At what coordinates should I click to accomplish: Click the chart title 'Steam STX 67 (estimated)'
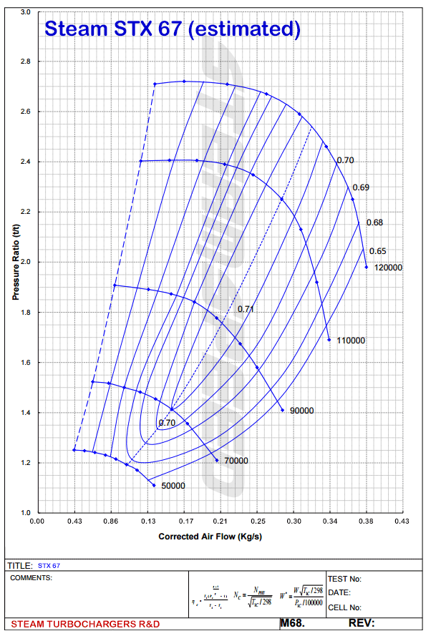point(172,29)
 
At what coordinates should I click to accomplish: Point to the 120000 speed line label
point(389,268)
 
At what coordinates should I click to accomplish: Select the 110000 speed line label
point(351,341)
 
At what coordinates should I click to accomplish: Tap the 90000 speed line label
point(302,411)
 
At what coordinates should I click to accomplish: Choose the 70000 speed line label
point(236,461)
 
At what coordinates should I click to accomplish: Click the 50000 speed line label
point(173,486)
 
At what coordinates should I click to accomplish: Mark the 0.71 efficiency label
point(246,309)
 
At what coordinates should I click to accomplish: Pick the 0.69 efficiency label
point(361,187)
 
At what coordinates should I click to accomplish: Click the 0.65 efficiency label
point(377,251)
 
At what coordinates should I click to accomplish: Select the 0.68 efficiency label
point(374,222)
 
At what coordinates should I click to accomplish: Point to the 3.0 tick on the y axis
point(26,12)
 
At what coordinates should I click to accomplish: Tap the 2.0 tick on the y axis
point(26,263)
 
